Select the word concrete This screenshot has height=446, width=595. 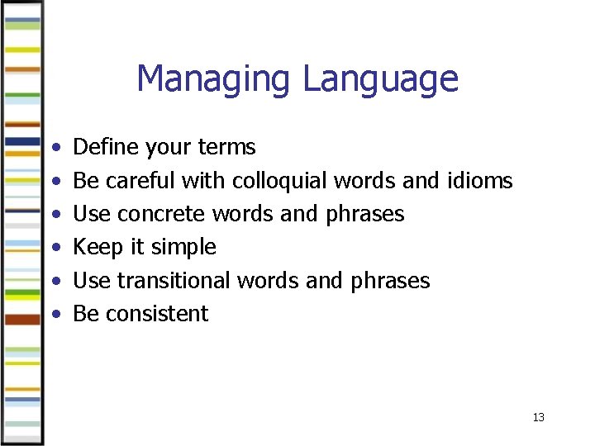(x=162, y=214)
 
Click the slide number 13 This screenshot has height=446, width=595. (x=539, y=418)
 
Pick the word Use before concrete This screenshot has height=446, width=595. (x=92, y=214)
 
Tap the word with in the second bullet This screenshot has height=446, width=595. (x=205, y=180)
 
